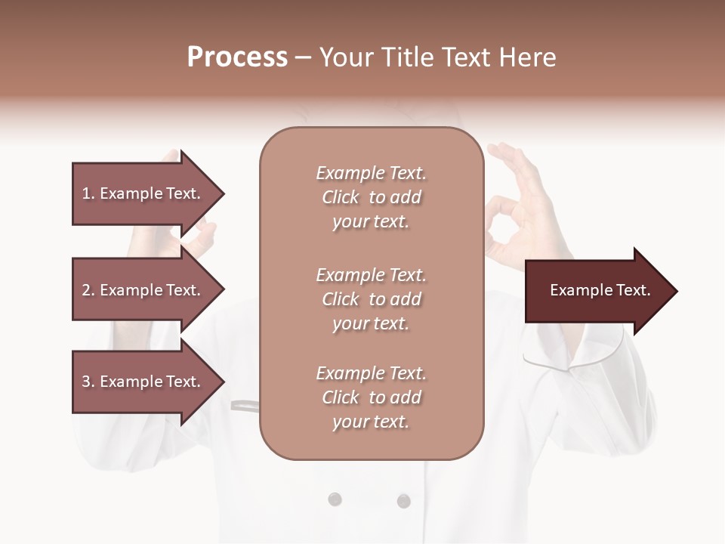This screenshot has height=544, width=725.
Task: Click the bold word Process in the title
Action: pyautogui.click(x=237, y=57)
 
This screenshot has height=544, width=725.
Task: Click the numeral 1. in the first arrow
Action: pyautogui.click(x=88, y=193)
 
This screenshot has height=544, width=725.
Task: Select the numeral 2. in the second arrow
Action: pyautogui.click(x=88, y=290)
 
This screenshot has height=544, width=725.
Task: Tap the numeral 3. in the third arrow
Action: pyautogui.click(x=88, y=382)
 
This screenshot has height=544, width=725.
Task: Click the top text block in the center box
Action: pyautogui.click(x=371, y=197)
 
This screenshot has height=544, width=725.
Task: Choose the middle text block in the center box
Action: pyautogui.click(x=371, y=299)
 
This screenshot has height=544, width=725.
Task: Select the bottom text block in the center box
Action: pyautogui.click(x=371, y=397)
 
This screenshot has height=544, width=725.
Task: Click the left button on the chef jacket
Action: pyautogui.click(x=335, y=499)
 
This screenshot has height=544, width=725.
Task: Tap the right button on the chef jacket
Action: pyautogui.click(x=403, y=500)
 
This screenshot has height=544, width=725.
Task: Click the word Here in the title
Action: pyautogui.click(x=528, y=57)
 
